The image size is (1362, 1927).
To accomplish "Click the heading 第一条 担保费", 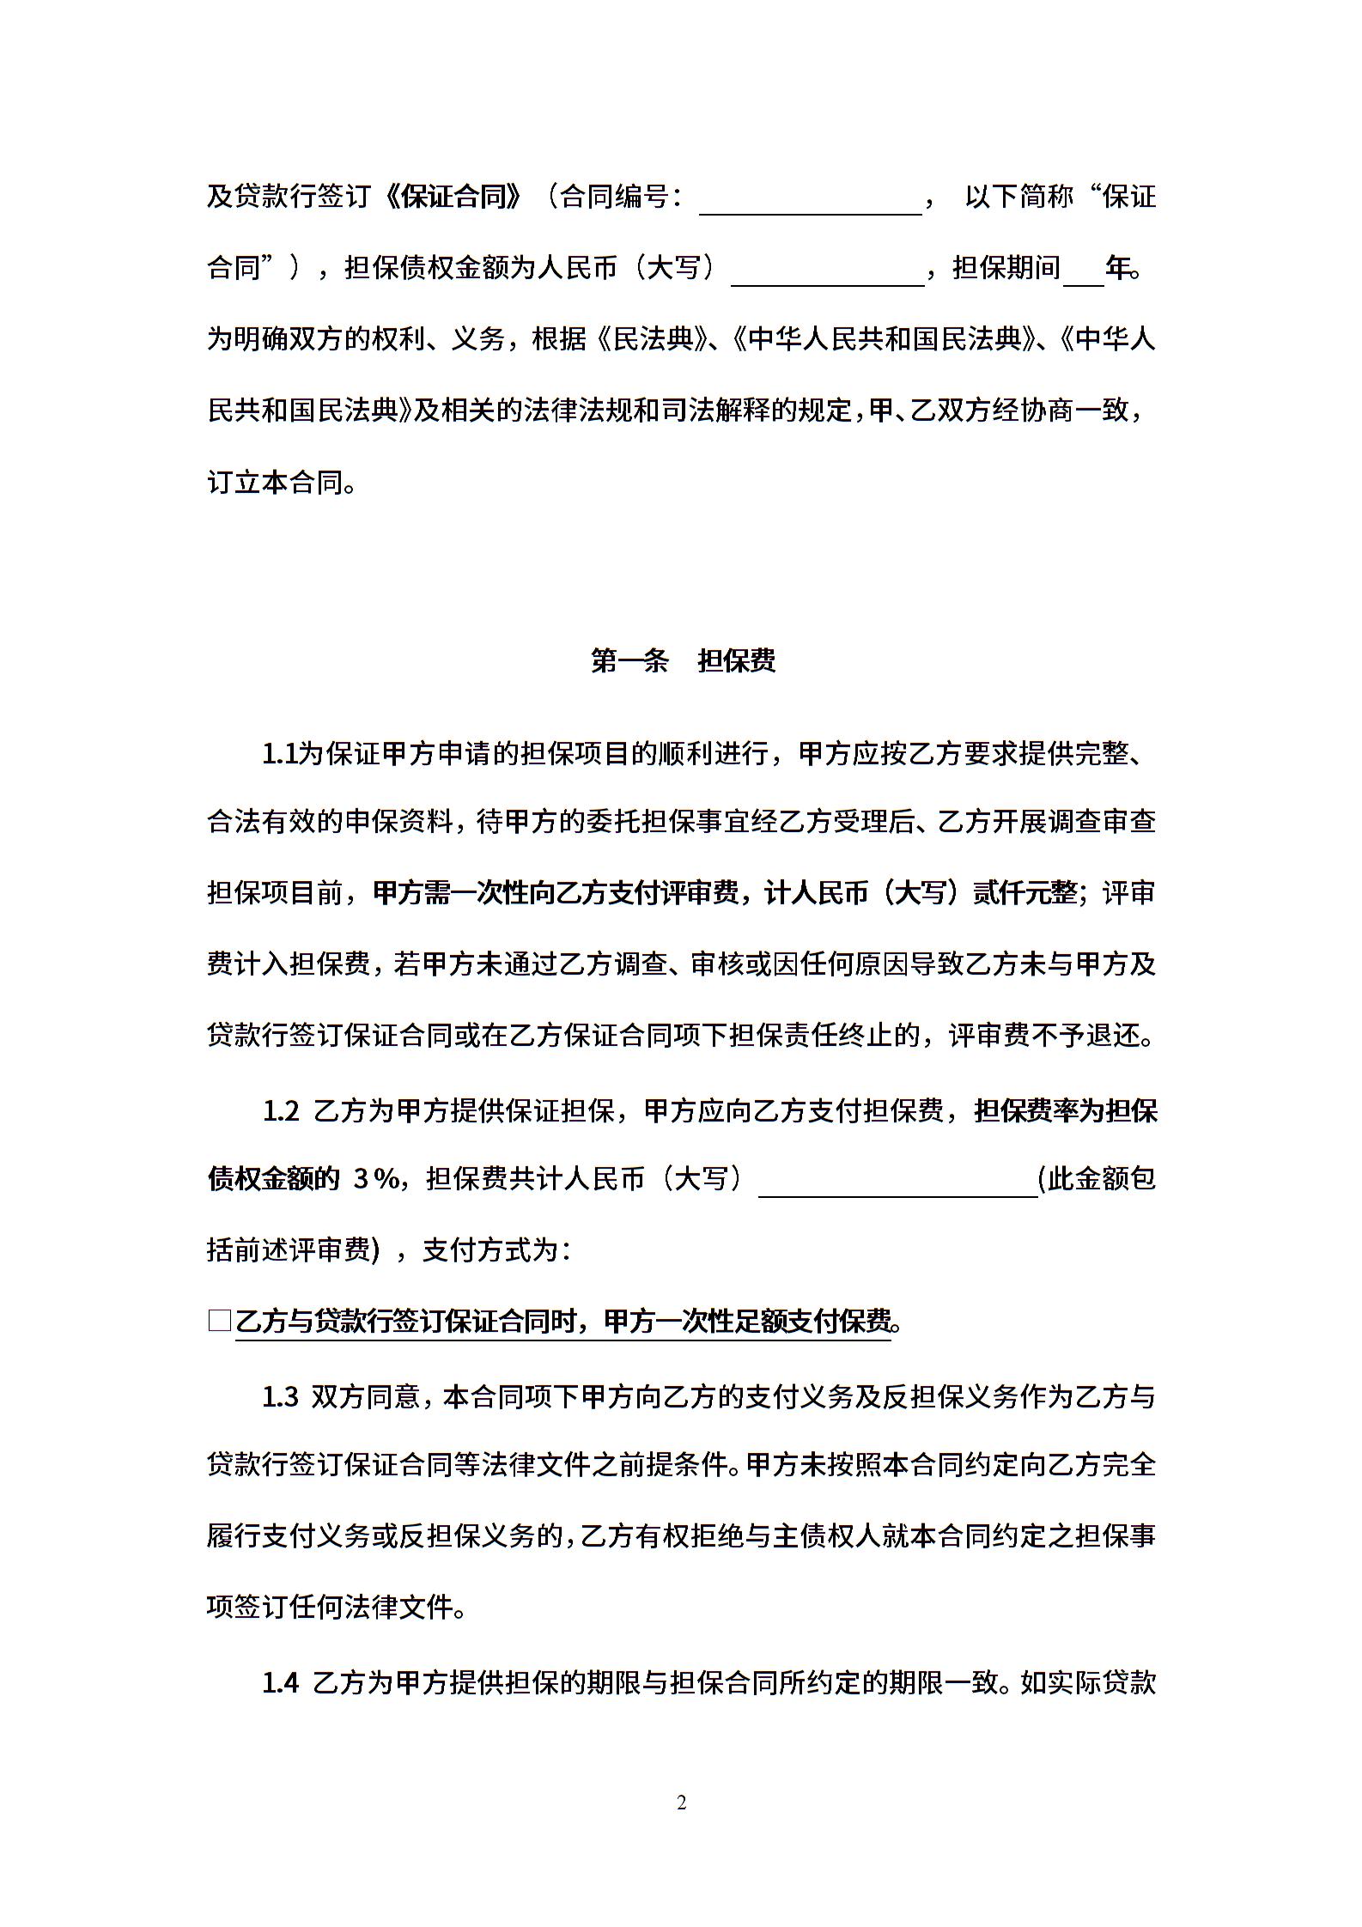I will [683, 660].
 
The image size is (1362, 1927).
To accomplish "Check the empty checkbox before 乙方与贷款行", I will [220, 1321].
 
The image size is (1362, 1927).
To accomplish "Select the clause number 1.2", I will [280, 1111].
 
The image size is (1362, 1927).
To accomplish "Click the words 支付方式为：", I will [496, 1250].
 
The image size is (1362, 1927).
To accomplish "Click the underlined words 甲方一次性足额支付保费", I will [747, 1322].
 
